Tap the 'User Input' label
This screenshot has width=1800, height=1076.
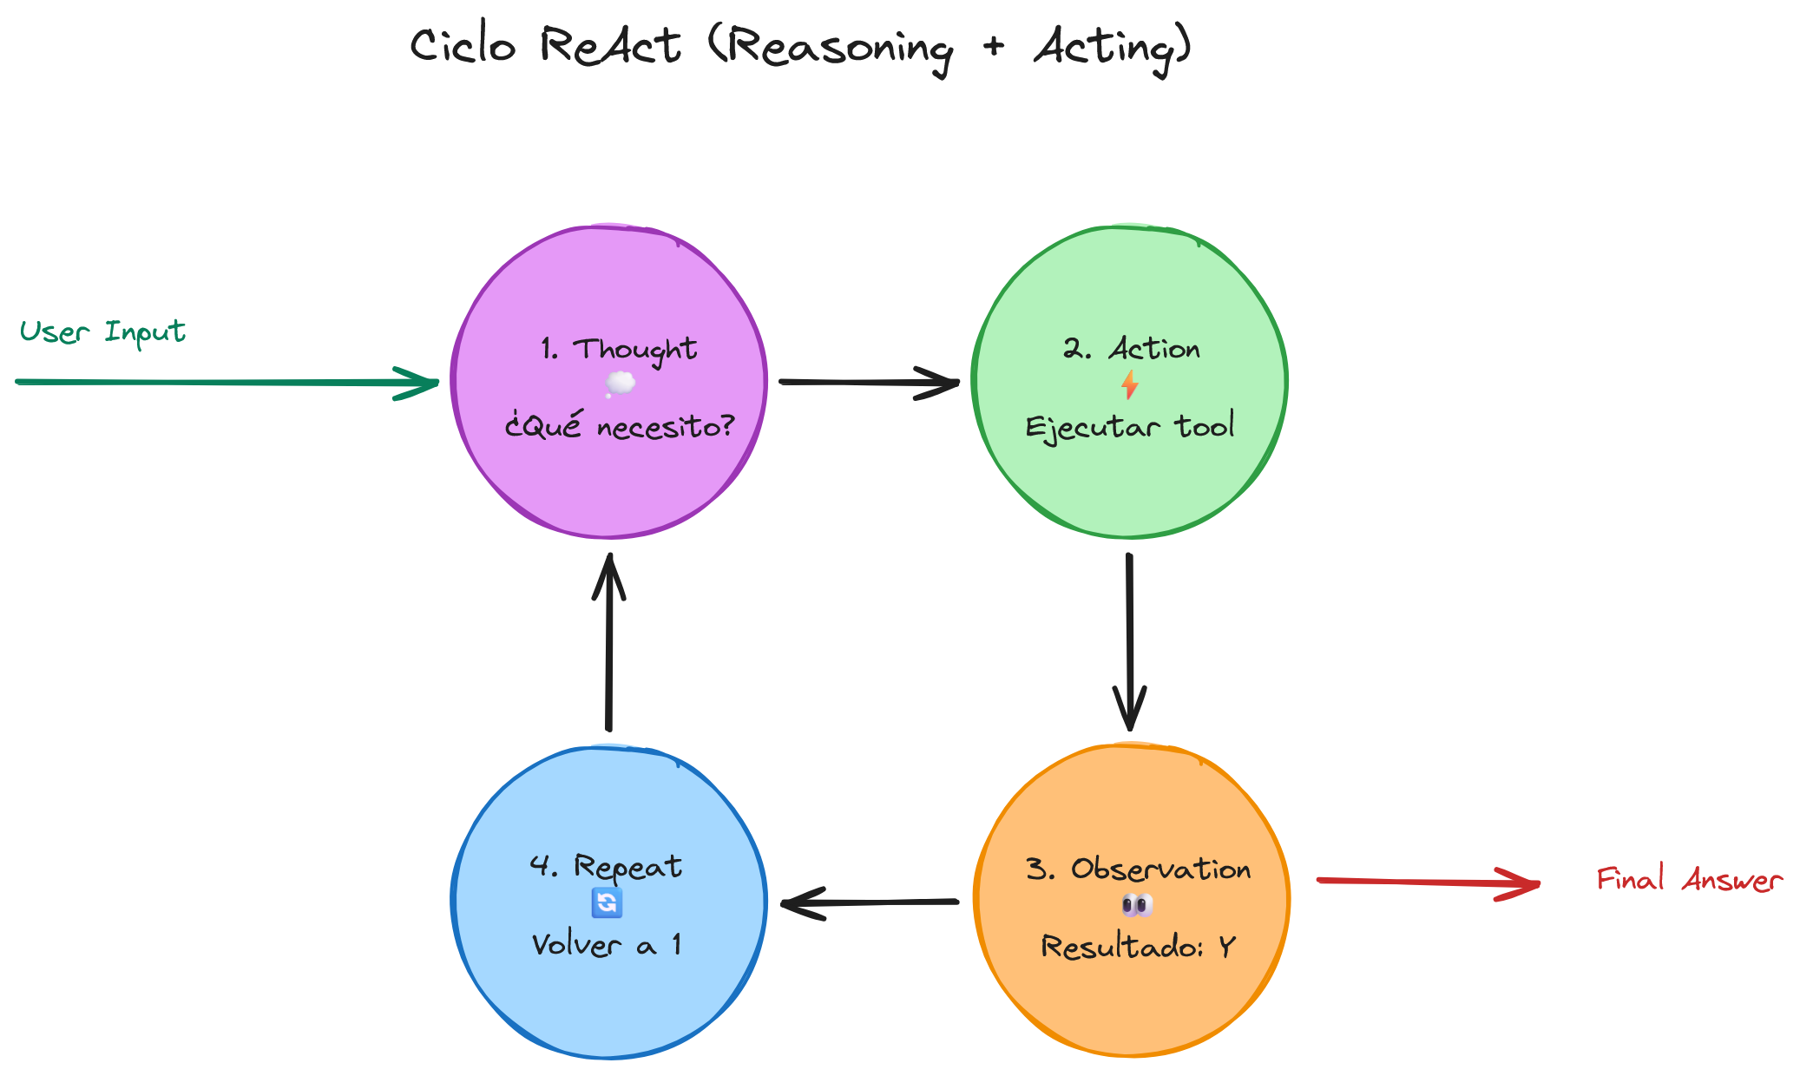click(x=102, y=332)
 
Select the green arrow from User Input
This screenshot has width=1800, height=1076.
click(x=226, y=382)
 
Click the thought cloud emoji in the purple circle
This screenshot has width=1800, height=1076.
click(x=620, y=384)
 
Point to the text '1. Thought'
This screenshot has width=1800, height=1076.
click(x=618, y=350)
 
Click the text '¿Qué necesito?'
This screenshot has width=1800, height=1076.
click(x=620, y=426)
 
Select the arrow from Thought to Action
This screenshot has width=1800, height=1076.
click(x=868, y=382)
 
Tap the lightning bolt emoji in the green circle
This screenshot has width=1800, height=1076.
click(x=1129, y=384)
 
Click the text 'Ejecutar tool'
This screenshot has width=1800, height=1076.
click(x=1129, y=427)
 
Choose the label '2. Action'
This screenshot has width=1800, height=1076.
click(x=1131, y=349)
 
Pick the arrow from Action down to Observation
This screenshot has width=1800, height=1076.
click(x=1129, y=642)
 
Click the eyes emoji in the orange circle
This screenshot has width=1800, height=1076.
click(x=1137, y=907)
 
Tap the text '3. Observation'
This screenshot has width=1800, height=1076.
click(x=1138, y=869)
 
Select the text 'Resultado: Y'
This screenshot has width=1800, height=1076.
click(x=1138, y=946)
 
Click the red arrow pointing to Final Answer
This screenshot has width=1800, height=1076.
click(x=1428, y=882)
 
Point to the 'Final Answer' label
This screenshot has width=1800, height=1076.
click(x=1689, y=880)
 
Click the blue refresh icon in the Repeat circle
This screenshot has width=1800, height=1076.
click(x=607, y=903)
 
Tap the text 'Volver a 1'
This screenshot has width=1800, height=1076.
click(x=607, y=944)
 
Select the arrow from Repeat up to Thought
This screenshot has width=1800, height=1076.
click(x=609, y=642)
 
